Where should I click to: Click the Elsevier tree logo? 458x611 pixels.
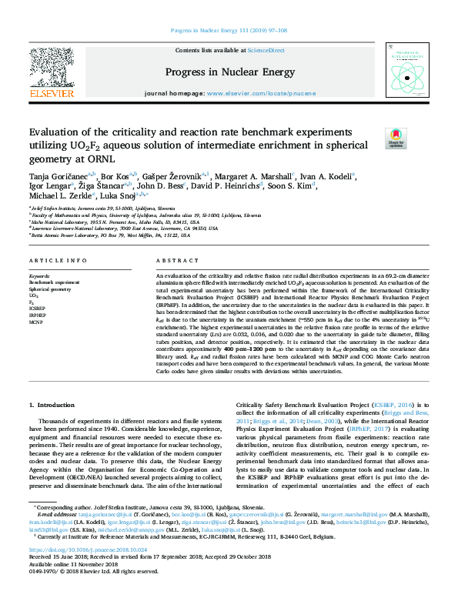pos(50,68)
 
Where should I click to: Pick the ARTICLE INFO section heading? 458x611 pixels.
pos(50,262)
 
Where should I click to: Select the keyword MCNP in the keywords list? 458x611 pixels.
pos(35,321)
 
